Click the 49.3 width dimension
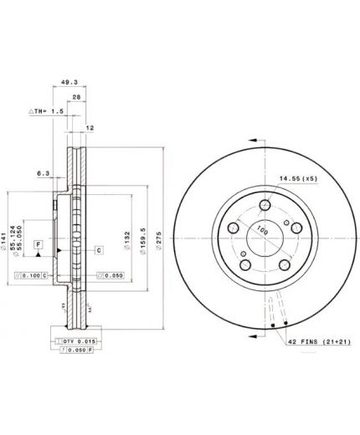pyautogui.click(x=70, y=84)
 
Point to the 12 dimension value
pyautogui.click(x=91, y=128)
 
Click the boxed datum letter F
pyautogui.click(x=38, y=243)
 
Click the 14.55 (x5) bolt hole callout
pyautogui.click(x=298, y=177)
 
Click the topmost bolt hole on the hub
pyautogui.click(x=265, y=207)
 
